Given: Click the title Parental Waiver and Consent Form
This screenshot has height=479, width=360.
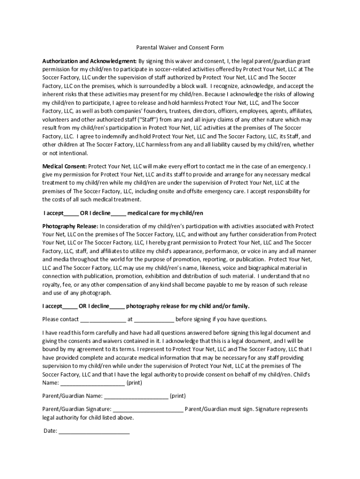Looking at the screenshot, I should pos(180,47).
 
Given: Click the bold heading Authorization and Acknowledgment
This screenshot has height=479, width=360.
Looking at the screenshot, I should pos(89,61).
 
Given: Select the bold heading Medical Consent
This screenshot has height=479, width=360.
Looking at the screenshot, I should pos(65,166).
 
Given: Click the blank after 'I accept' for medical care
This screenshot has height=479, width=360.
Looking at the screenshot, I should pos(71,213).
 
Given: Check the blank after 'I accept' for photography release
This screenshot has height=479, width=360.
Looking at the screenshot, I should pos(70,306).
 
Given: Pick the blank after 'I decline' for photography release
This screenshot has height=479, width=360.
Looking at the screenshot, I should pos(117,306).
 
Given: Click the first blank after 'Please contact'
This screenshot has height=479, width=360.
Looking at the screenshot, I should pos(103,320).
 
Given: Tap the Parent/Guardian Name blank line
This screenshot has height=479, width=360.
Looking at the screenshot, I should pos(136,396).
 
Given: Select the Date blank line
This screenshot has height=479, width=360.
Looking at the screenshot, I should pos(94,431).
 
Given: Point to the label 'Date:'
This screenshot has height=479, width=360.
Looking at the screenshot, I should pos(50,431).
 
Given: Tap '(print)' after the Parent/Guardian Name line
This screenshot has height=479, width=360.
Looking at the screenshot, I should pos(178,396).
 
